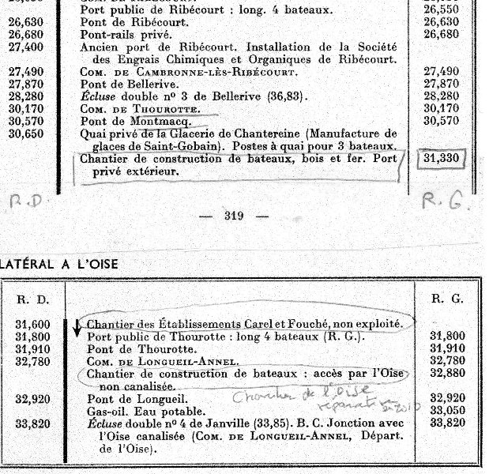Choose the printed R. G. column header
(445, 299)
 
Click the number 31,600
(33, 324)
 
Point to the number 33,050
(446, 412)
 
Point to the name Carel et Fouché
(303, 324)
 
